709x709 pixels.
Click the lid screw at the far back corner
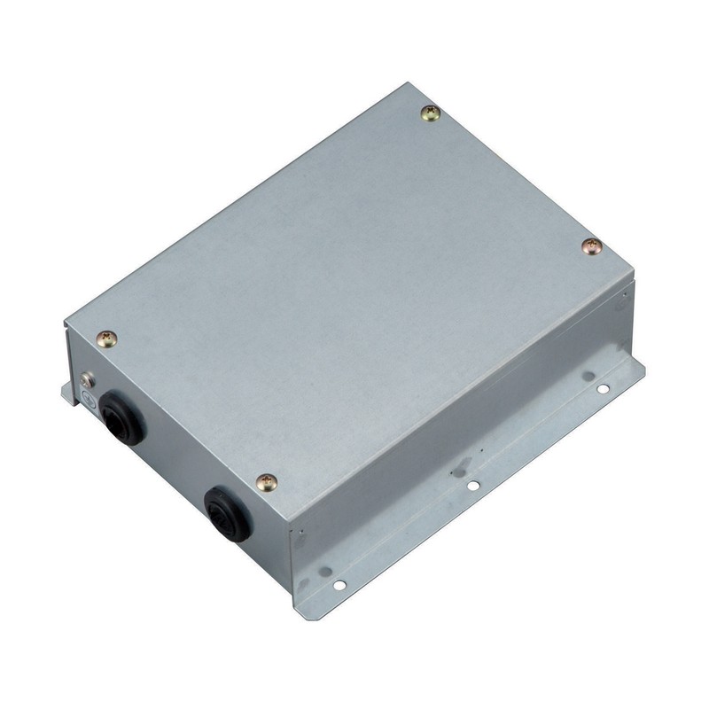point(431,113)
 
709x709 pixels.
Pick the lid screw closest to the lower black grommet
point(266,482)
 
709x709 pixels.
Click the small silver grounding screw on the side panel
point(87,379)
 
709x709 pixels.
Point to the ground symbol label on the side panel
point(90,400)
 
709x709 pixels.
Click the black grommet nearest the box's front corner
point(228,512)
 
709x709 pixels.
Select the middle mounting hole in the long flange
point(473,485)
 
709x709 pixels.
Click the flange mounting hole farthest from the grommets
point(602,388)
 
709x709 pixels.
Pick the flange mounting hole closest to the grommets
point(339,585)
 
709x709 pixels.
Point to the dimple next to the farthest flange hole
point(587,376)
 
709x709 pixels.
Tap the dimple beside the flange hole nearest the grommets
point(324,571)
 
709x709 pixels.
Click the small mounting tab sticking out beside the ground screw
point(68,391)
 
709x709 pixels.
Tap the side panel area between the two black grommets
point(173,461)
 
